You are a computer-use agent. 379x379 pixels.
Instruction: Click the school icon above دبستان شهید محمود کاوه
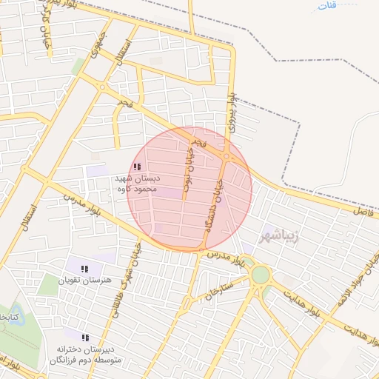(x=136, y=167)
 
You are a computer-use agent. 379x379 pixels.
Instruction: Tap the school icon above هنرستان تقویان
(x=84, y=269)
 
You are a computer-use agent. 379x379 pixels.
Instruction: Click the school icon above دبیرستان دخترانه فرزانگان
(x=84, y=337)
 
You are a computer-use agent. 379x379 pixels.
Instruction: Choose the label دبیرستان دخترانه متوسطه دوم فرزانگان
(x=84, y=353)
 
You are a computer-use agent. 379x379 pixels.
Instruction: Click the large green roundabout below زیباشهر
(x=261, y=275)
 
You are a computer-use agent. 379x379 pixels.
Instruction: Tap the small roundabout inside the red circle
(x=226, y=157)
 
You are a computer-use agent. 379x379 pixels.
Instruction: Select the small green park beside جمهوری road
(x=78, y=66)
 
